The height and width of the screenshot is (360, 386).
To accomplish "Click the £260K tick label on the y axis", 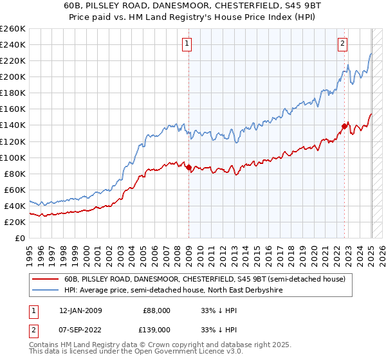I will tap(13, 28).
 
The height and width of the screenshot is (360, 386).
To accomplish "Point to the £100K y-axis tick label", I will tap(13, 157).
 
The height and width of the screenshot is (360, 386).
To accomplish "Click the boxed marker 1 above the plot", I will tap(187, 44).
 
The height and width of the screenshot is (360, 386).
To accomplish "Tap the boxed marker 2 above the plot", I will tap(342, 44).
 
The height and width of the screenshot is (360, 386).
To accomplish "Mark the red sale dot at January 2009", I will tap(188, 167).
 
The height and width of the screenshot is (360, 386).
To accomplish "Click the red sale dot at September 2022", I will tap(344, 126).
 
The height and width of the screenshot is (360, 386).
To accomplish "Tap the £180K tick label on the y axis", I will tap(13, 93).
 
